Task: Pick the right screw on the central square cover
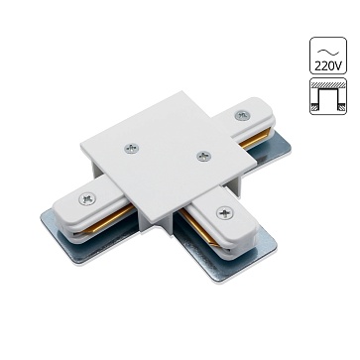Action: pyautogui.click(x=204, y=156)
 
